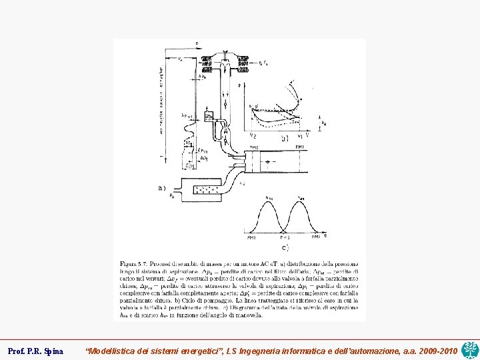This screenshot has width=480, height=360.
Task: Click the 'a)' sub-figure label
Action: tap(161, 189)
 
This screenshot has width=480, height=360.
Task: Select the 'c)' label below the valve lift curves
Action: tap(285, 248)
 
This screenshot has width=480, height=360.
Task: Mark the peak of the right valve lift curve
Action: tap(301, 201)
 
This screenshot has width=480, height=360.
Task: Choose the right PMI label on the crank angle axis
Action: tap(315, 237)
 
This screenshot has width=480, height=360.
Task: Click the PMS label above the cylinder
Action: tap(254, 147)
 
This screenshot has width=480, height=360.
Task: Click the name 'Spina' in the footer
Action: tap(53, 350)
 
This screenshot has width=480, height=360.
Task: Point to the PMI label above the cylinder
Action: tap(300, 147)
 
